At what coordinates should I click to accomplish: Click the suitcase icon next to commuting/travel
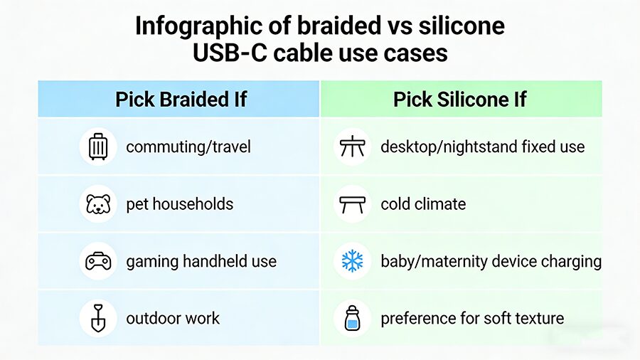[x=98, y=147]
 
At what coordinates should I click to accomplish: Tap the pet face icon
[x=98, y=204]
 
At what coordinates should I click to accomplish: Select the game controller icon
[x=98, y=261]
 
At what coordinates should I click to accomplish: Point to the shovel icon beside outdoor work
[x=98, y=318]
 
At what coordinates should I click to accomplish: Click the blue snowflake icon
[x=352, y=261]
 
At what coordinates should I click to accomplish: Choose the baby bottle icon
[x=352, y=318]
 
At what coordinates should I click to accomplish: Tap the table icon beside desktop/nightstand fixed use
[x=352, y=147]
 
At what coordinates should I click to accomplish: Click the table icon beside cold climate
[x=352, y=204]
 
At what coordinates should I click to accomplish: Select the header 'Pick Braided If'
[x=181, y=99]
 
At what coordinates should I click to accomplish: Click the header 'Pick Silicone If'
[x=460, y=99]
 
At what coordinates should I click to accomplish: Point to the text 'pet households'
[x=180, y=204]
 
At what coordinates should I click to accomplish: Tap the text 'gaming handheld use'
[x=201, y=261]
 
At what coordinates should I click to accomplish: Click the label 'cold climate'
[x=423, y=204]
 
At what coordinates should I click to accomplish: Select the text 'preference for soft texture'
[x=472, y=318]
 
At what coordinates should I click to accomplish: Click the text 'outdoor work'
[x=173, y=318]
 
